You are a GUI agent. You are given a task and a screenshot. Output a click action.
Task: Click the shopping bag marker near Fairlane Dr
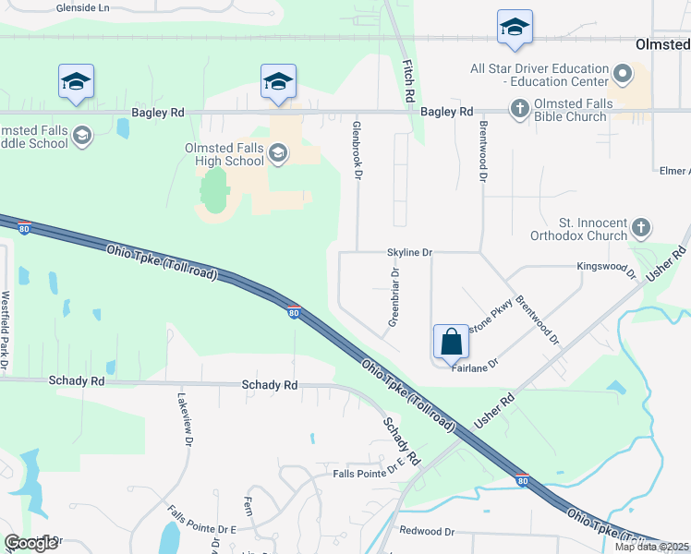451,342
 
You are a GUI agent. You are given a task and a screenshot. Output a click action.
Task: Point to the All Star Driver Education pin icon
623,74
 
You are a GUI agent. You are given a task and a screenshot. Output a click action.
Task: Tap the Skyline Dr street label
409,252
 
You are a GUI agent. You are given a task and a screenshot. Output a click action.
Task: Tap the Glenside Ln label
82,6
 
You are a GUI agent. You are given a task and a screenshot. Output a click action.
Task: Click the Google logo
30,543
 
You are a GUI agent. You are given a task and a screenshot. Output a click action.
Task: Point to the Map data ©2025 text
651,547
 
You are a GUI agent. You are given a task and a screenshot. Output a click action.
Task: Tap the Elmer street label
673,171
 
